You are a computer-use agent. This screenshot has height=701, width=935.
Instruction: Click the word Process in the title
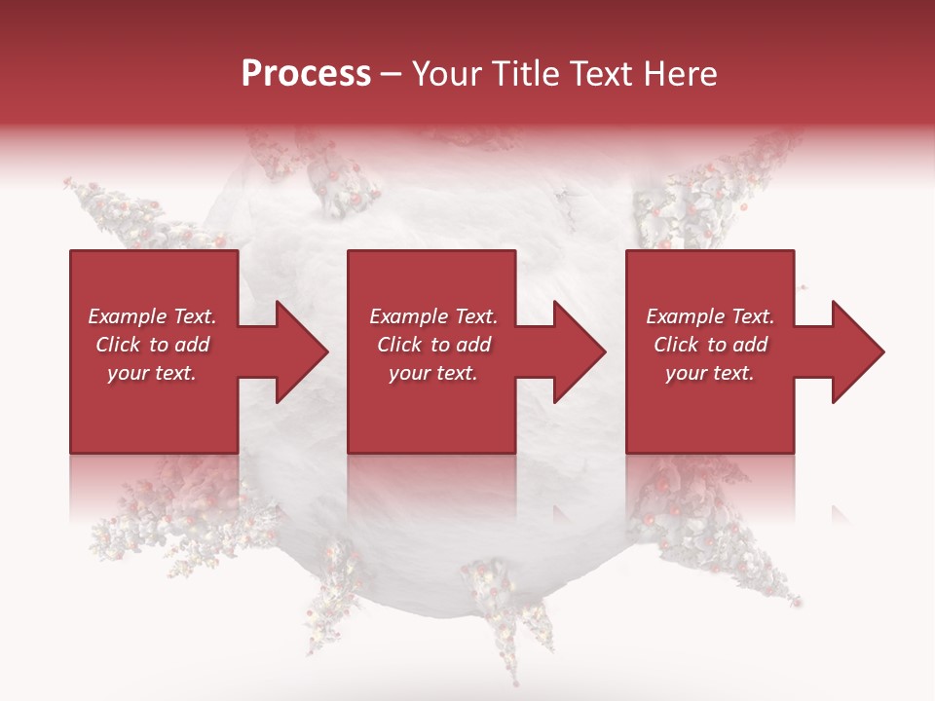(x=306, y=74)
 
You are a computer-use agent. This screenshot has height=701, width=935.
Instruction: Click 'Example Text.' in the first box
(x=152, y=316)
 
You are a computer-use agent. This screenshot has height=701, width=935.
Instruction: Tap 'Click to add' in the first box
(x=152, y=345)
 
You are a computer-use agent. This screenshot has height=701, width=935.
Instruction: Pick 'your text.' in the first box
(x=152, y=373)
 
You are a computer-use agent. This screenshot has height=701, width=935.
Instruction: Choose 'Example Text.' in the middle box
(x=433, y=316)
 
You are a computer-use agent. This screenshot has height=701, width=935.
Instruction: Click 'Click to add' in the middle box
(x=433, y=345)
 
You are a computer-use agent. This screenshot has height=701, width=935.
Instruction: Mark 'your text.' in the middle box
(x=433, y=373)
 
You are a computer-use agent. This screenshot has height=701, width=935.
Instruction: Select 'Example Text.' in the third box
(x=710, y=316)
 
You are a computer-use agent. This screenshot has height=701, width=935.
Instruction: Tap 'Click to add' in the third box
(x=710, y=345)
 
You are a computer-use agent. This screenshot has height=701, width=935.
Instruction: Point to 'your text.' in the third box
(x=710, y=373)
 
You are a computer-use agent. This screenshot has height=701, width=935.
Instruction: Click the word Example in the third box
(x=685, y=316)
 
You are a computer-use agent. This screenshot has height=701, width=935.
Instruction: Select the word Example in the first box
(x=127, y=316)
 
